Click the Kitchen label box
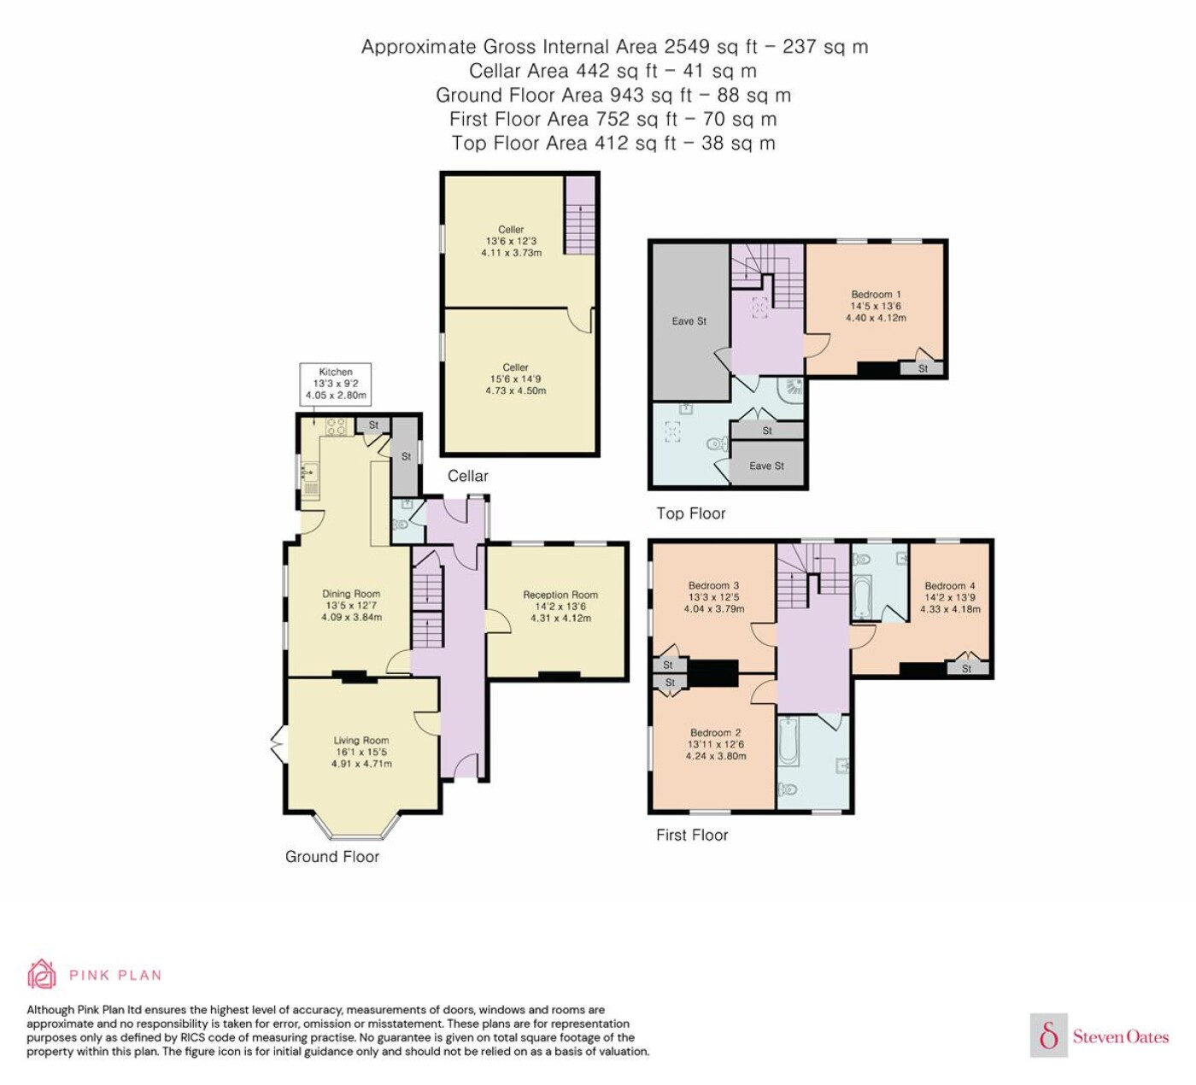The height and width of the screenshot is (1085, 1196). (x=335, y=384)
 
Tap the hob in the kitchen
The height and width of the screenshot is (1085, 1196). (x=337, y=426)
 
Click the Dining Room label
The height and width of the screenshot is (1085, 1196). (x=351, y=594)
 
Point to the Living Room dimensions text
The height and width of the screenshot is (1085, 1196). (x=361, y=758)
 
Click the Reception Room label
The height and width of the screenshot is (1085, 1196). (x=560, y=595)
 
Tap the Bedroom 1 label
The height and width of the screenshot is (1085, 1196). (x=876, y=294)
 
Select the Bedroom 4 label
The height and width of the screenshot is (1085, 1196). (x=950, y=586)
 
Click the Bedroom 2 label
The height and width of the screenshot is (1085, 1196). (x=715, y=732)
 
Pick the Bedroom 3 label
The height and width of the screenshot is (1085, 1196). (x=713, y=586)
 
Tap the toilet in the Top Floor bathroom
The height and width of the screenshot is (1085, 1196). (x=717, y=444)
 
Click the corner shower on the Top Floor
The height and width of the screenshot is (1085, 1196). (x=793, y=388)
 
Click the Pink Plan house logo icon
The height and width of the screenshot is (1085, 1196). (x=42, y=975)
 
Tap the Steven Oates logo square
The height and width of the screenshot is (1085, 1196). (x=1049, y=1035)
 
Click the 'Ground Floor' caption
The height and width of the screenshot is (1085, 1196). (x=332, y=857)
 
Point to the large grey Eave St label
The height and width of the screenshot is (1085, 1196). (x=689, y=321)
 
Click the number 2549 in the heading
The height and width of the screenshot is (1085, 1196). (x=688, y=46)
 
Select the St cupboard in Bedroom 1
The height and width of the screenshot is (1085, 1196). (x=922, y=368)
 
